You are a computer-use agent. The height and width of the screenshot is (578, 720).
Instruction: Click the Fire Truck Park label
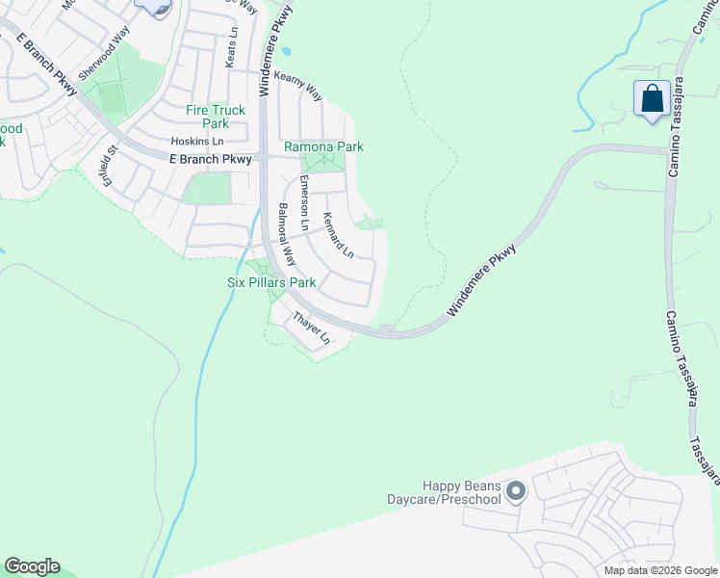pyautogui.click(x=215, y=117)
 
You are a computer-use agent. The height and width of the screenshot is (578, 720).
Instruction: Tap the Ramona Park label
pyautogui.click(x=323, y=147)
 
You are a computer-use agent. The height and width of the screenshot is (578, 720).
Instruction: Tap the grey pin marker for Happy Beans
pyautogui.click(x=516, y=492)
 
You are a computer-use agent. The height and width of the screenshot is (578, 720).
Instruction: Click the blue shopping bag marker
pyautogui.click(x=652, y=99)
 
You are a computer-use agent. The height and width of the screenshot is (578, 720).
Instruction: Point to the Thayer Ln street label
pyautogui.click(x=312, y=328)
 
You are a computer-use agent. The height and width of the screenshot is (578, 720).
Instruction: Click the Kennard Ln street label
pyautogui.click(x=339, y=234)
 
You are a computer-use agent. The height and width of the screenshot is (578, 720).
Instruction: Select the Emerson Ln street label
pyautogui.click(x=304, y=202)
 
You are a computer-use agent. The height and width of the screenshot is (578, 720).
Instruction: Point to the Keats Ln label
pyautogui.click(x=231, y=47)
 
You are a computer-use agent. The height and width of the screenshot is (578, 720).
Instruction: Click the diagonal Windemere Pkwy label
pyautogui.click(x=482, y=280)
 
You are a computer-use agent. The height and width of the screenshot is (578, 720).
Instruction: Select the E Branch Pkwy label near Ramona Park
pyautogui.click(x=210, y=159)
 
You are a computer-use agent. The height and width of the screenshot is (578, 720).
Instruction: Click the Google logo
pyautogui.click(x=32, y=566)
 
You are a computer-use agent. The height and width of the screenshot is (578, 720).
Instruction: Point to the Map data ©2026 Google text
pyautogui.click(x=659, y=570)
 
